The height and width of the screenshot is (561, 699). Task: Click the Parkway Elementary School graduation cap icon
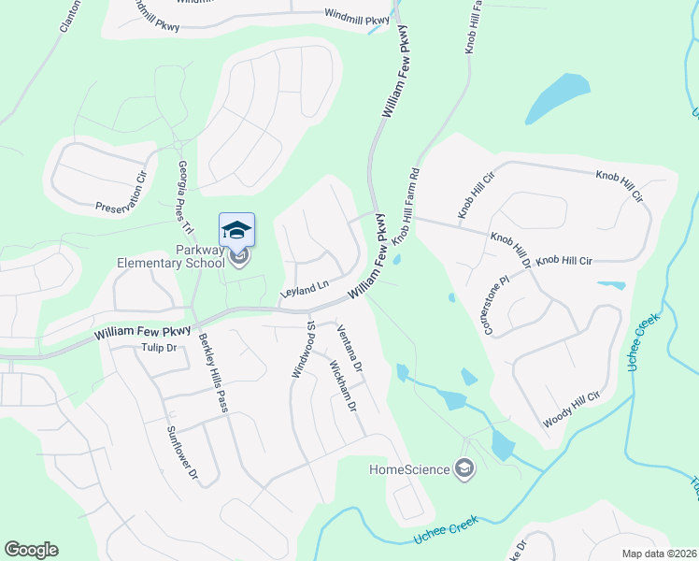(236, 230)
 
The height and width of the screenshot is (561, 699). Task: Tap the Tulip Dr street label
(158, 348)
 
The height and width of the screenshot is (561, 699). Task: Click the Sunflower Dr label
(182, 453)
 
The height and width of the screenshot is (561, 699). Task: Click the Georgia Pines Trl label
(184, 197)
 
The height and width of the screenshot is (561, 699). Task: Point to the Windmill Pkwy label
(356, 16)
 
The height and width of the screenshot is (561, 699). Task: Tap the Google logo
(31, 550)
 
